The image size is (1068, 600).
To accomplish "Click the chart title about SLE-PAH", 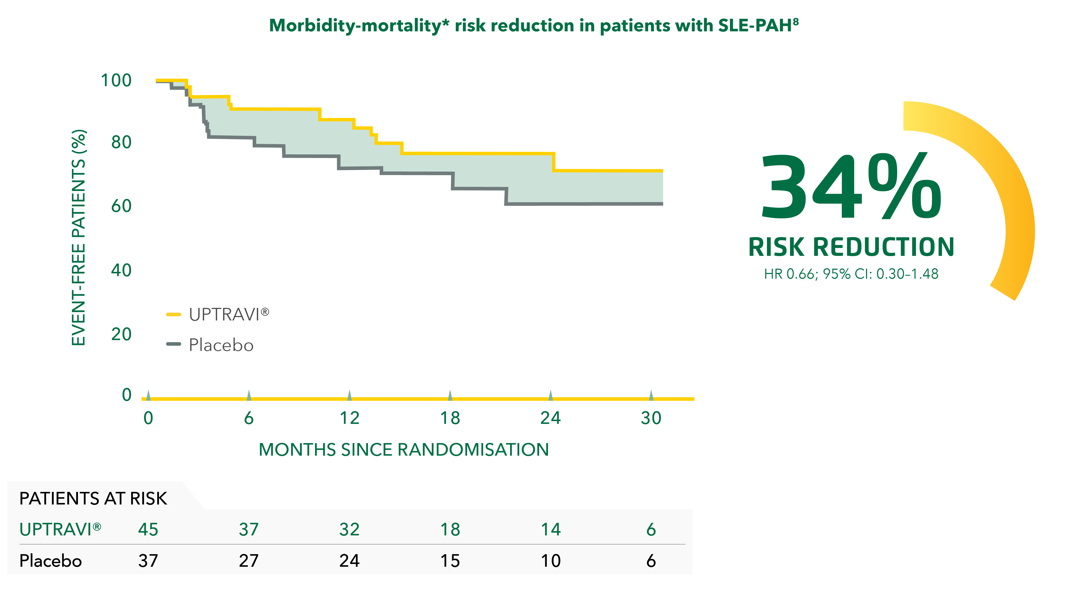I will [534, 26].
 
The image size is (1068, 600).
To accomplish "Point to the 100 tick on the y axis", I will [116, 80].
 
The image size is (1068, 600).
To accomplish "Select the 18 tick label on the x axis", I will [450, 418].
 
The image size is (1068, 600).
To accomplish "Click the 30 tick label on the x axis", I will [651, 418].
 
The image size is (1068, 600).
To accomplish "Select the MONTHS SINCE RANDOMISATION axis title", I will [403, 450].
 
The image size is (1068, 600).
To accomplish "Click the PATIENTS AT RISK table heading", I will [93, 499].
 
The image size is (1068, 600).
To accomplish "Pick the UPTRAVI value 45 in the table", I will [148, 530].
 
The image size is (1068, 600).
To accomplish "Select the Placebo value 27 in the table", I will [249, 561].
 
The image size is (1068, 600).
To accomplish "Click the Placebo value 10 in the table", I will [551, 561].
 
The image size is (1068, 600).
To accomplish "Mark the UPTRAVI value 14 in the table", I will [551, 530].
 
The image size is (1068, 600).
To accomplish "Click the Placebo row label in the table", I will [51, 561].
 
